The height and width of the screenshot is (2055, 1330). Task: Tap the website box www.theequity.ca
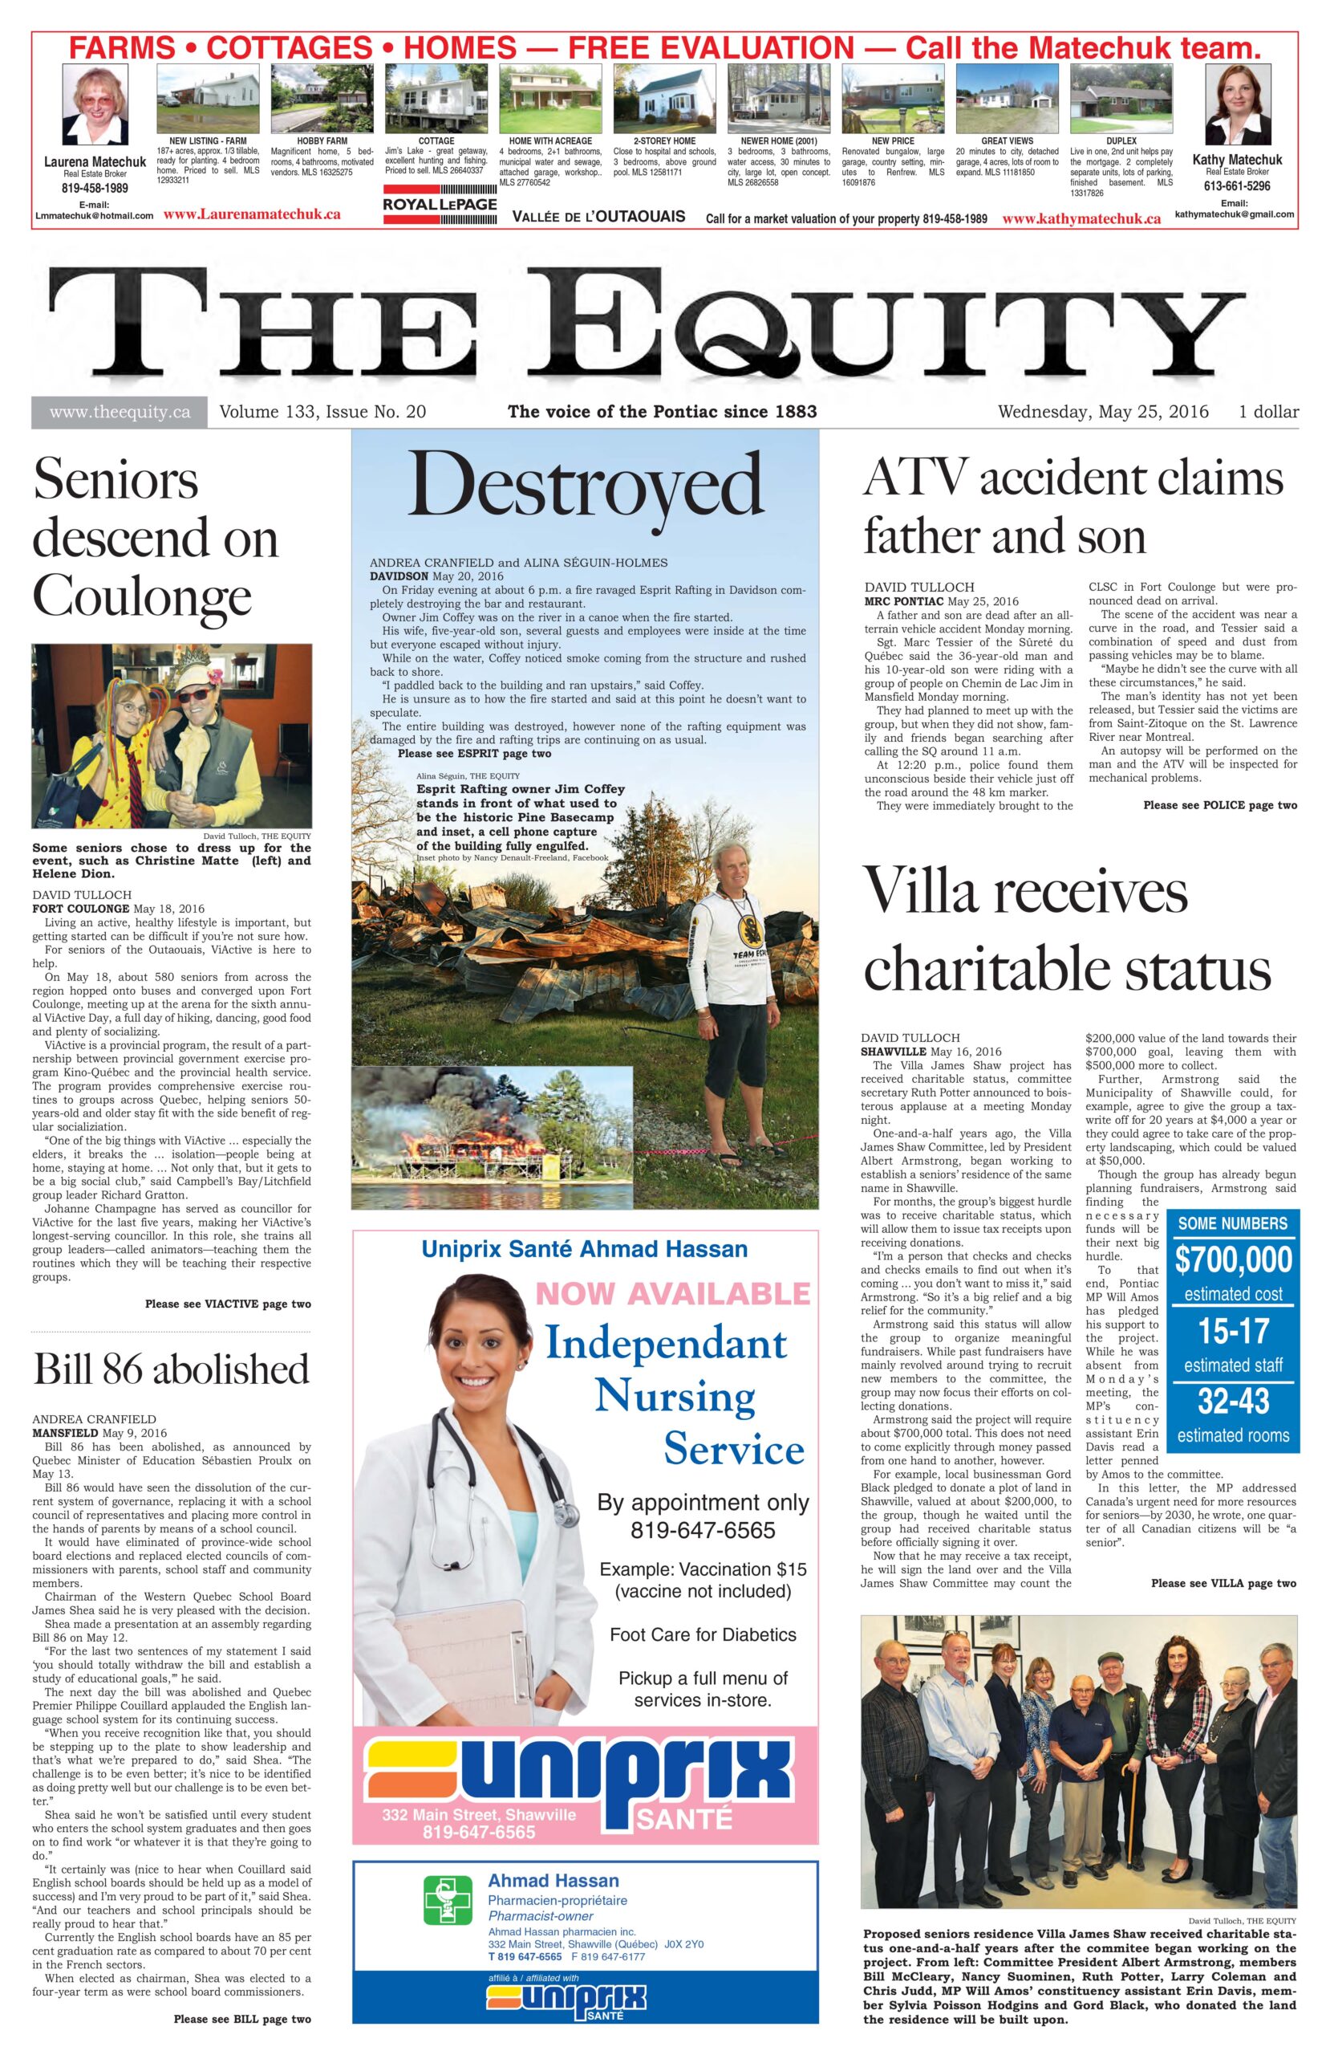pyautogui.click(x=119, y=412)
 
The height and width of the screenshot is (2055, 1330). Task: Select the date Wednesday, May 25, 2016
pyautogui.click(x=1102, y=412)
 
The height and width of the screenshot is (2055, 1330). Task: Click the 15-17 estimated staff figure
pyautogui.click(x=1232, y=1332)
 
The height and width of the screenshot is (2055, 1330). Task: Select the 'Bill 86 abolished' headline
pyautogui.click(x=171, y=1369)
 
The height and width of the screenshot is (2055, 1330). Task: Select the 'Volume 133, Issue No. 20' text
pyautogui.click(x=322, y=412)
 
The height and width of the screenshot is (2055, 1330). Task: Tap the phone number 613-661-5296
pyautogui.click(x=1237, y=185)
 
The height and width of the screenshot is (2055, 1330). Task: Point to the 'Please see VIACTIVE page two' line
pyautogui.click(x=228, y=1304)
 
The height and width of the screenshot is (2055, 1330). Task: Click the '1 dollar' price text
pyautogui.click(x=1268, y=412)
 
